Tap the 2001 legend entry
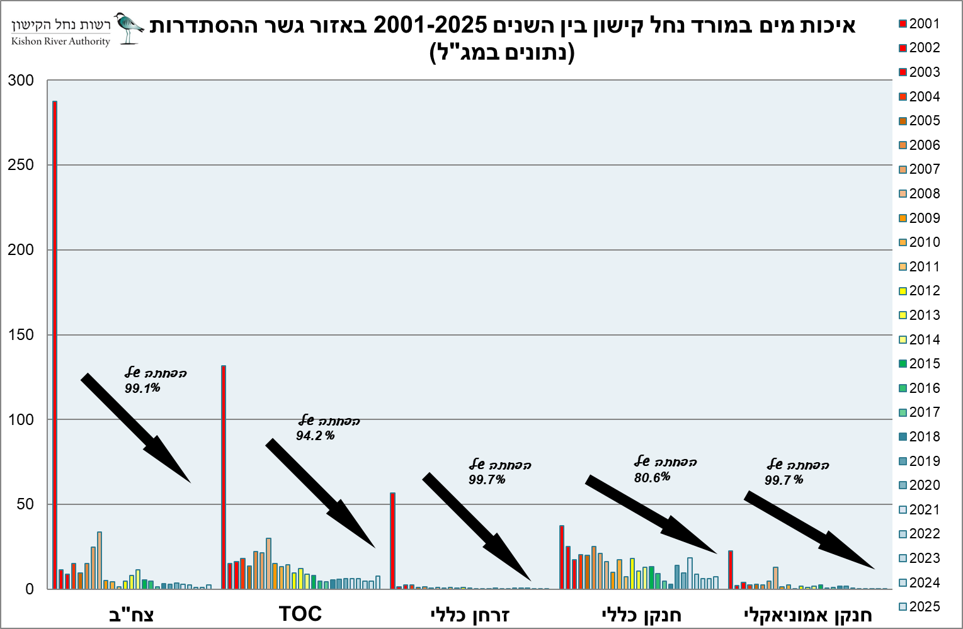tap(919, 24)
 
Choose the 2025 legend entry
tap(919, 607)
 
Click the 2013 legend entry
tap(919, 315)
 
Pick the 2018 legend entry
tap(919, 437)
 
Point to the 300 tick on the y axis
tap(21, 81)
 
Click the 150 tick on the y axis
tap(21, 335)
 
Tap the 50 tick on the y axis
tap(25, 505)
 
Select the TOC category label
tap(300, 614)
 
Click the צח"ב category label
tap(131, 615)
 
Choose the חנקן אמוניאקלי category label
tap(809, 615)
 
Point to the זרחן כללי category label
tap(470, 615)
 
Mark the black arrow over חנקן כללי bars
tap(651, 514)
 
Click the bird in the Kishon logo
tap(128, 27)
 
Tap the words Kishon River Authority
tap(60, 42)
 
